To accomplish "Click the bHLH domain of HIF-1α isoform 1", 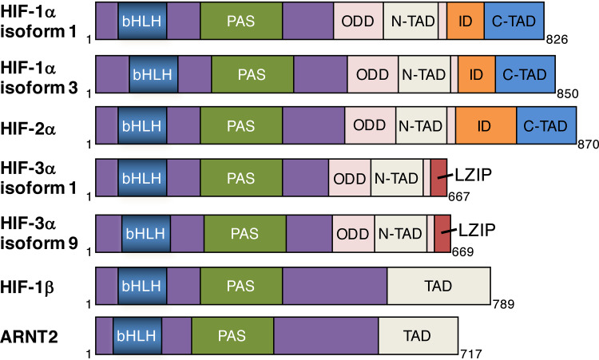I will click(142, 21).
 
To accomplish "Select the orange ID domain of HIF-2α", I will click(483, 125).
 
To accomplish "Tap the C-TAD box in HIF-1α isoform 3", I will click(525, 73).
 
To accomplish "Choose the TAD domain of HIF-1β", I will click(437, 283).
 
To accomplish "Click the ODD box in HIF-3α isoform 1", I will click(350, 178).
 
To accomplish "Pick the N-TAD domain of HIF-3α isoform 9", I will click(399, 234).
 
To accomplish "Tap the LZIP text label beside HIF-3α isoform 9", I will click(478, 229).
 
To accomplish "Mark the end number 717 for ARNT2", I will click(472, 352).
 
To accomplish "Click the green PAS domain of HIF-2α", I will click(240, 125).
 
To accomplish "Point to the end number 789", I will click(503, 302).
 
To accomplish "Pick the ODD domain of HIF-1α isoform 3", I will click(372, 73).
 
